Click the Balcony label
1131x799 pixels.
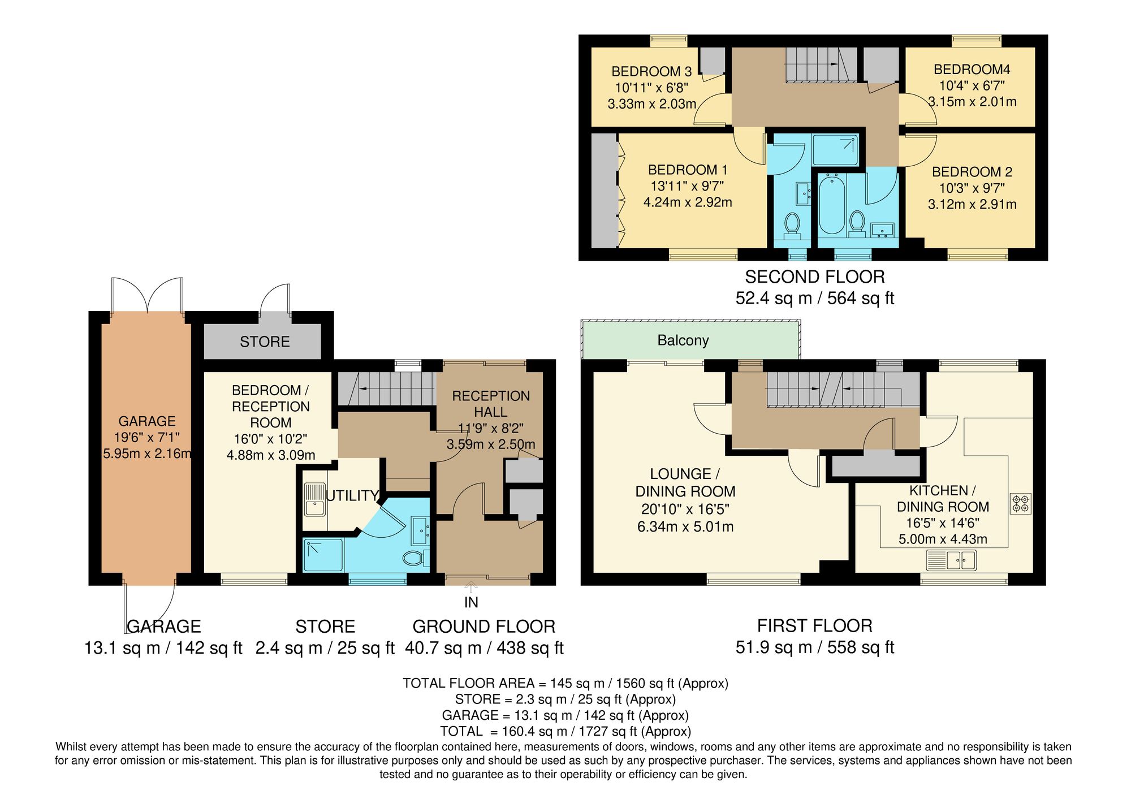[683, 340]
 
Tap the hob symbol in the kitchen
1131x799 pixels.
[1021, 503]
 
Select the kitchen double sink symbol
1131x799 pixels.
[951, 561]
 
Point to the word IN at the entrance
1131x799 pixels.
[471, 603]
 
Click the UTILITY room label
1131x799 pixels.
[352, 496]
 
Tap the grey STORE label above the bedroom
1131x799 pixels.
[265, 342]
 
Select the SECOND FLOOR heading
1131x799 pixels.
[814, 277]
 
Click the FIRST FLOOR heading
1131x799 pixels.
[814, 626]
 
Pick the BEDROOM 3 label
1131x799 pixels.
[651, 72]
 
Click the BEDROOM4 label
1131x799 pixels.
[972, 70]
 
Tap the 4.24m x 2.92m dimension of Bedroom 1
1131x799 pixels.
[688, 202]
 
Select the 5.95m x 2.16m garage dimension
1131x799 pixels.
[147, 454]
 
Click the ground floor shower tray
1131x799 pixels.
[323, 555]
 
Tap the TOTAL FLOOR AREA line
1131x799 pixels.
[565, 683]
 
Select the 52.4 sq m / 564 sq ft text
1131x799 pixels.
[814, 299]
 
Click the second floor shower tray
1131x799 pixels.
[835, 150]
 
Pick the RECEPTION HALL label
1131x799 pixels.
[491, 404]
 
